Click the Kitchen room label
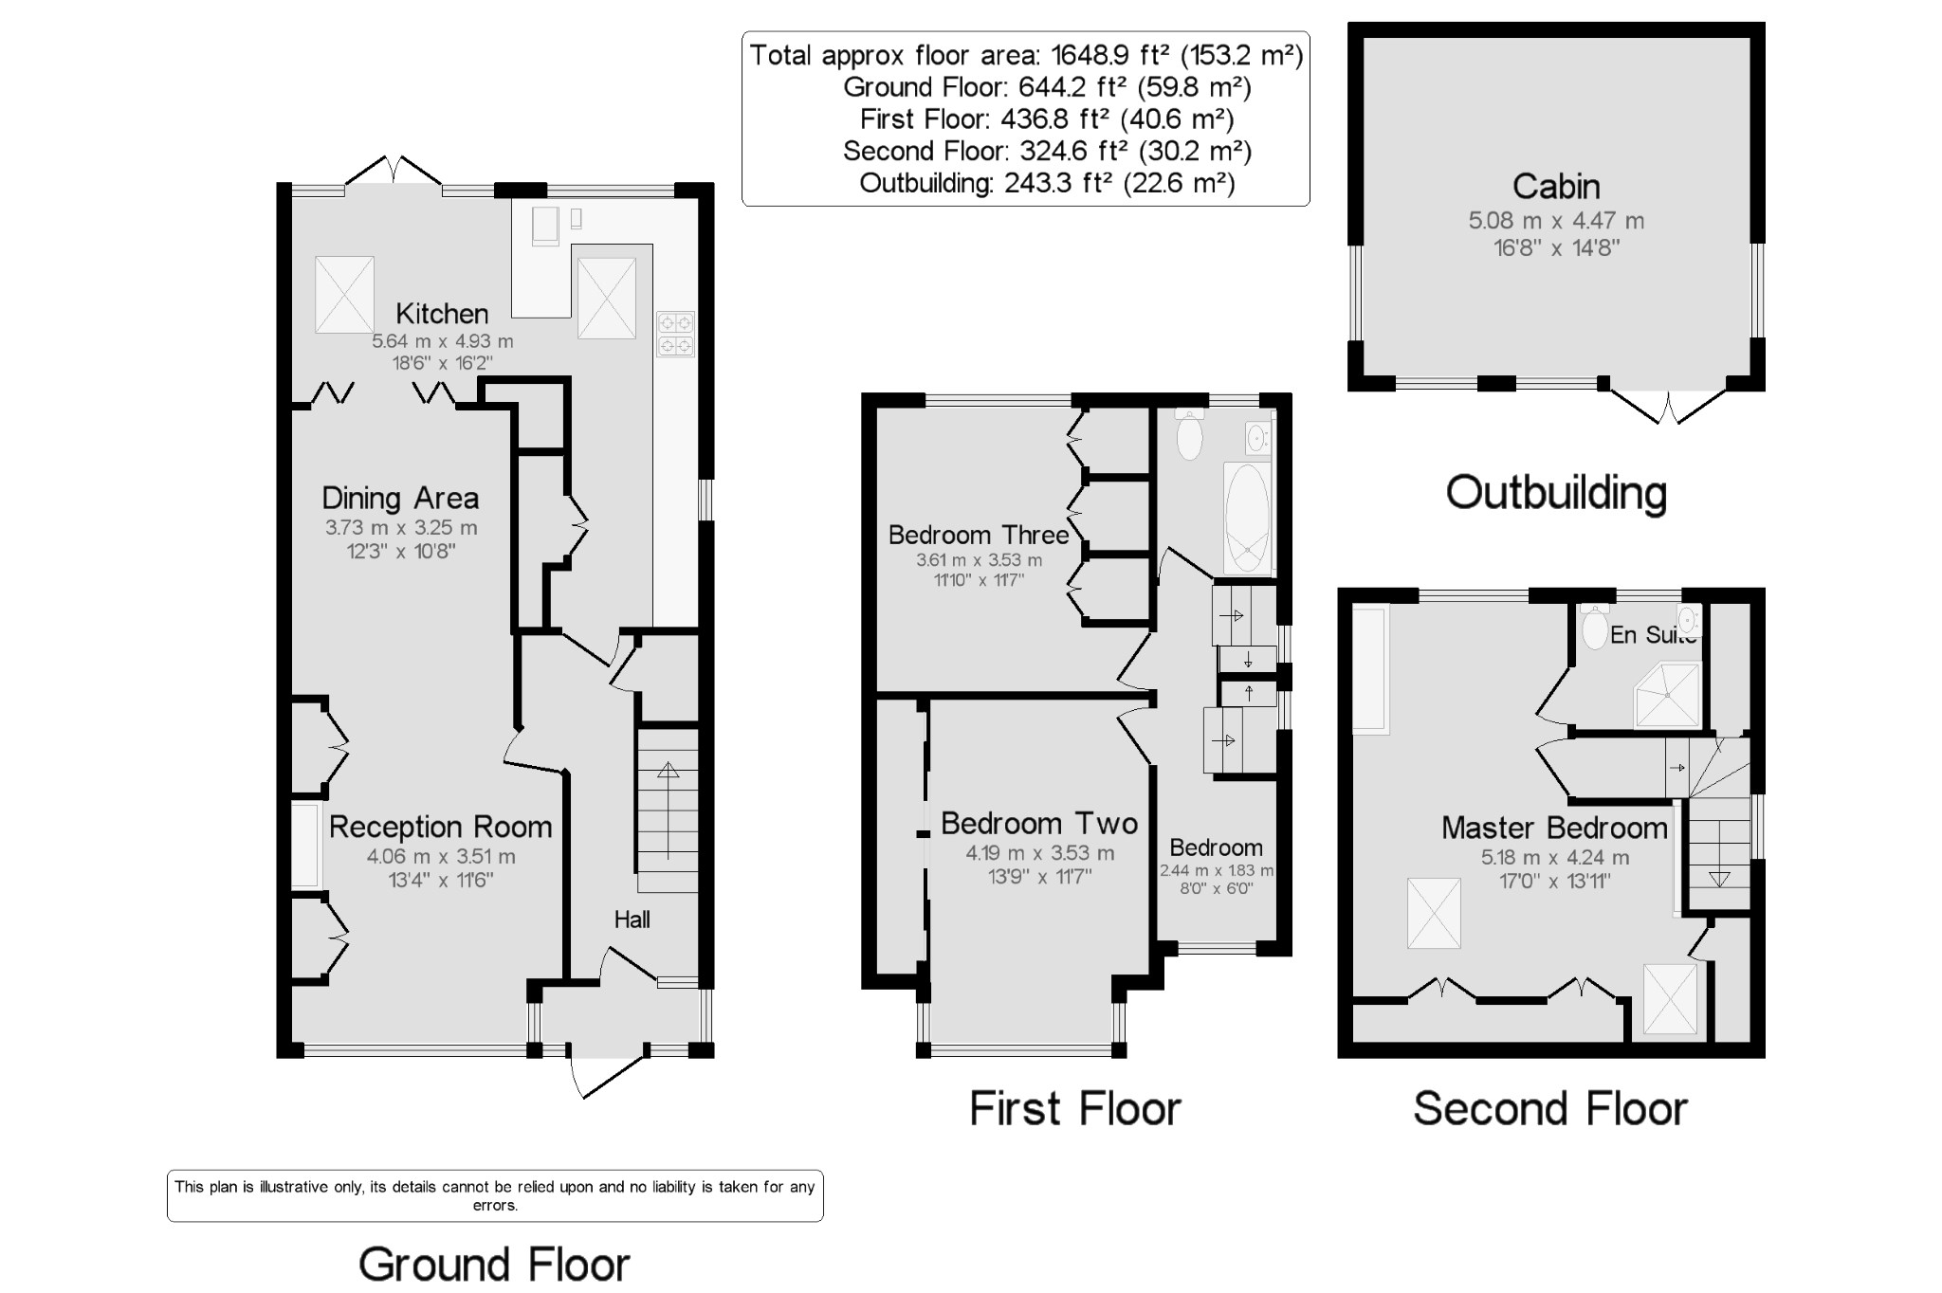(442, 313)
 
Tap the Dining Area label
(400, 498)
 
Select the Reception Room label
(441, 827)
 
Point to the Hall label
(632, 919)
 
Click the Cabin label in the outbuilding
(1556, 186)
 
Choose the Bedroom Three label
(979, 535)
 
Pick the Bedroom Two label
(1039, 823)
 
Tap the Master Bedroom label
(1554, 828)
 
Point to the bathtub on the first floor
(1247, 518)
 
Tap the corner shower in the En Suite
(1667, 695)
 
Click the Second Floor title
(1550, 1108)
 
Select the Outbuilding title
(1556, 493)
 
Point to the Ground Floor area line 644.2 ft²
(1047, 87)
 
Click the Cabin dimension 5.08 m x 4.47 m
(1556, 221)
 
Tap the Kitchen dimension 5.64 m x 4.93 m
(443, 341)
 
